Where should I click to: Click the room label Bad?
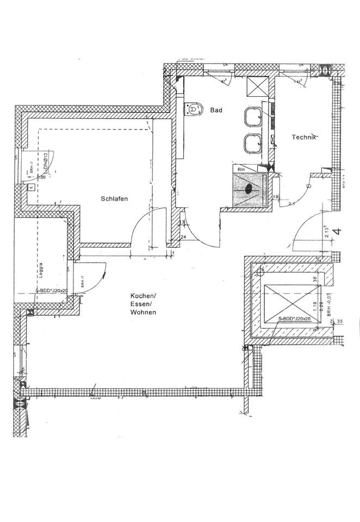click(x=216, y=110)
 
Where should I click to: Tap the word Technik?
click(x=304, y=138)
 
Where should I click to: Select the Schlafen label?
click(x=114, y=199)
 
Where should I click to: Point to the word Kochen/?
click(x=143, y=295)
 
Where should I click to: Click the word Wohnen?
click(x=143, y=313)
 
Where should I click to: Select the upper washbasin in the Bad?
click(x=252, y=116)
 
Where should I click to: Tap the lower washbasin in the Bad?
click(x=252, y=144)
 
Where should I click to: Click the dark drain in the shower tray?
click(x=249, y=189)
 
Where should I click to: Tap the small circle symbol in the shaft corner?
click(x=260, y=270)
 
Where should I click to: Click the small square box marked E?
click(x=30, y=187)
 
